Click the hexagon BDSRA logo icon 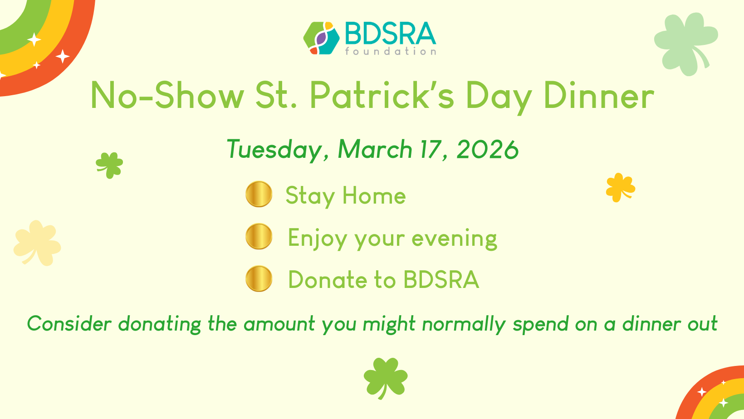(321, 38)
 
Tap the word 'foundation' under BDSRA (391, 51)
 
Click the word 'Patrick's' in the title (382, 95)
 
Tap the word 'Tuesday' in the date (274, 150)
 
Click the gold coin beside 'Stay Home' (259, 194)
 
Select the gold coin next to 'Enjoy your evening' (259, 236)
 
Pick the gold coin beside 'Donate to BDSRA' (259, 278)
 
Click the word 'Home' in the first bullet (374, 195)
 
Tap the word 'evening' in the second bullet (454, 239)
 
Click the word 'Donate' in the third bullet (328, 279)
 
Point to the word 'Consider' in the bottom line (69, 324)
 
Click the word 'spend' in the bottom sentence (540, 325)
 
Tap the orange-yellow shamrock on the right (620, 188)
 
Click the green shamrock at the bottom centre (385, 378)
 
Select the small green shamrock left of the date (109, 165)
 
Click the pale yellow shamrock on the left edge (37, 243)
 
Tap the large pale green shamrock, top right (685, 44)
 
